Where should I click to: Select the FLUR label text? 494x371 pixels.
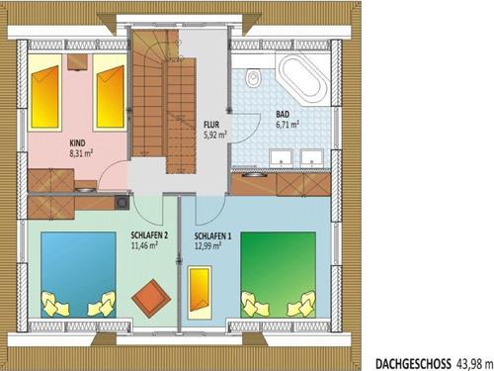tap(211, 126)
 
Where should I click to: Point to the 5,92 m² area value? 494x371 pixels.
tap(216, 135)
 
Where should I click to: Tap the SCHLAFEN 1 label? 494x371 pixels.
tap(214, 237)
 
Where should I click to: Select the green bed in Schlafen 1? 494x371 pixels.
tap(279, 270)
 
